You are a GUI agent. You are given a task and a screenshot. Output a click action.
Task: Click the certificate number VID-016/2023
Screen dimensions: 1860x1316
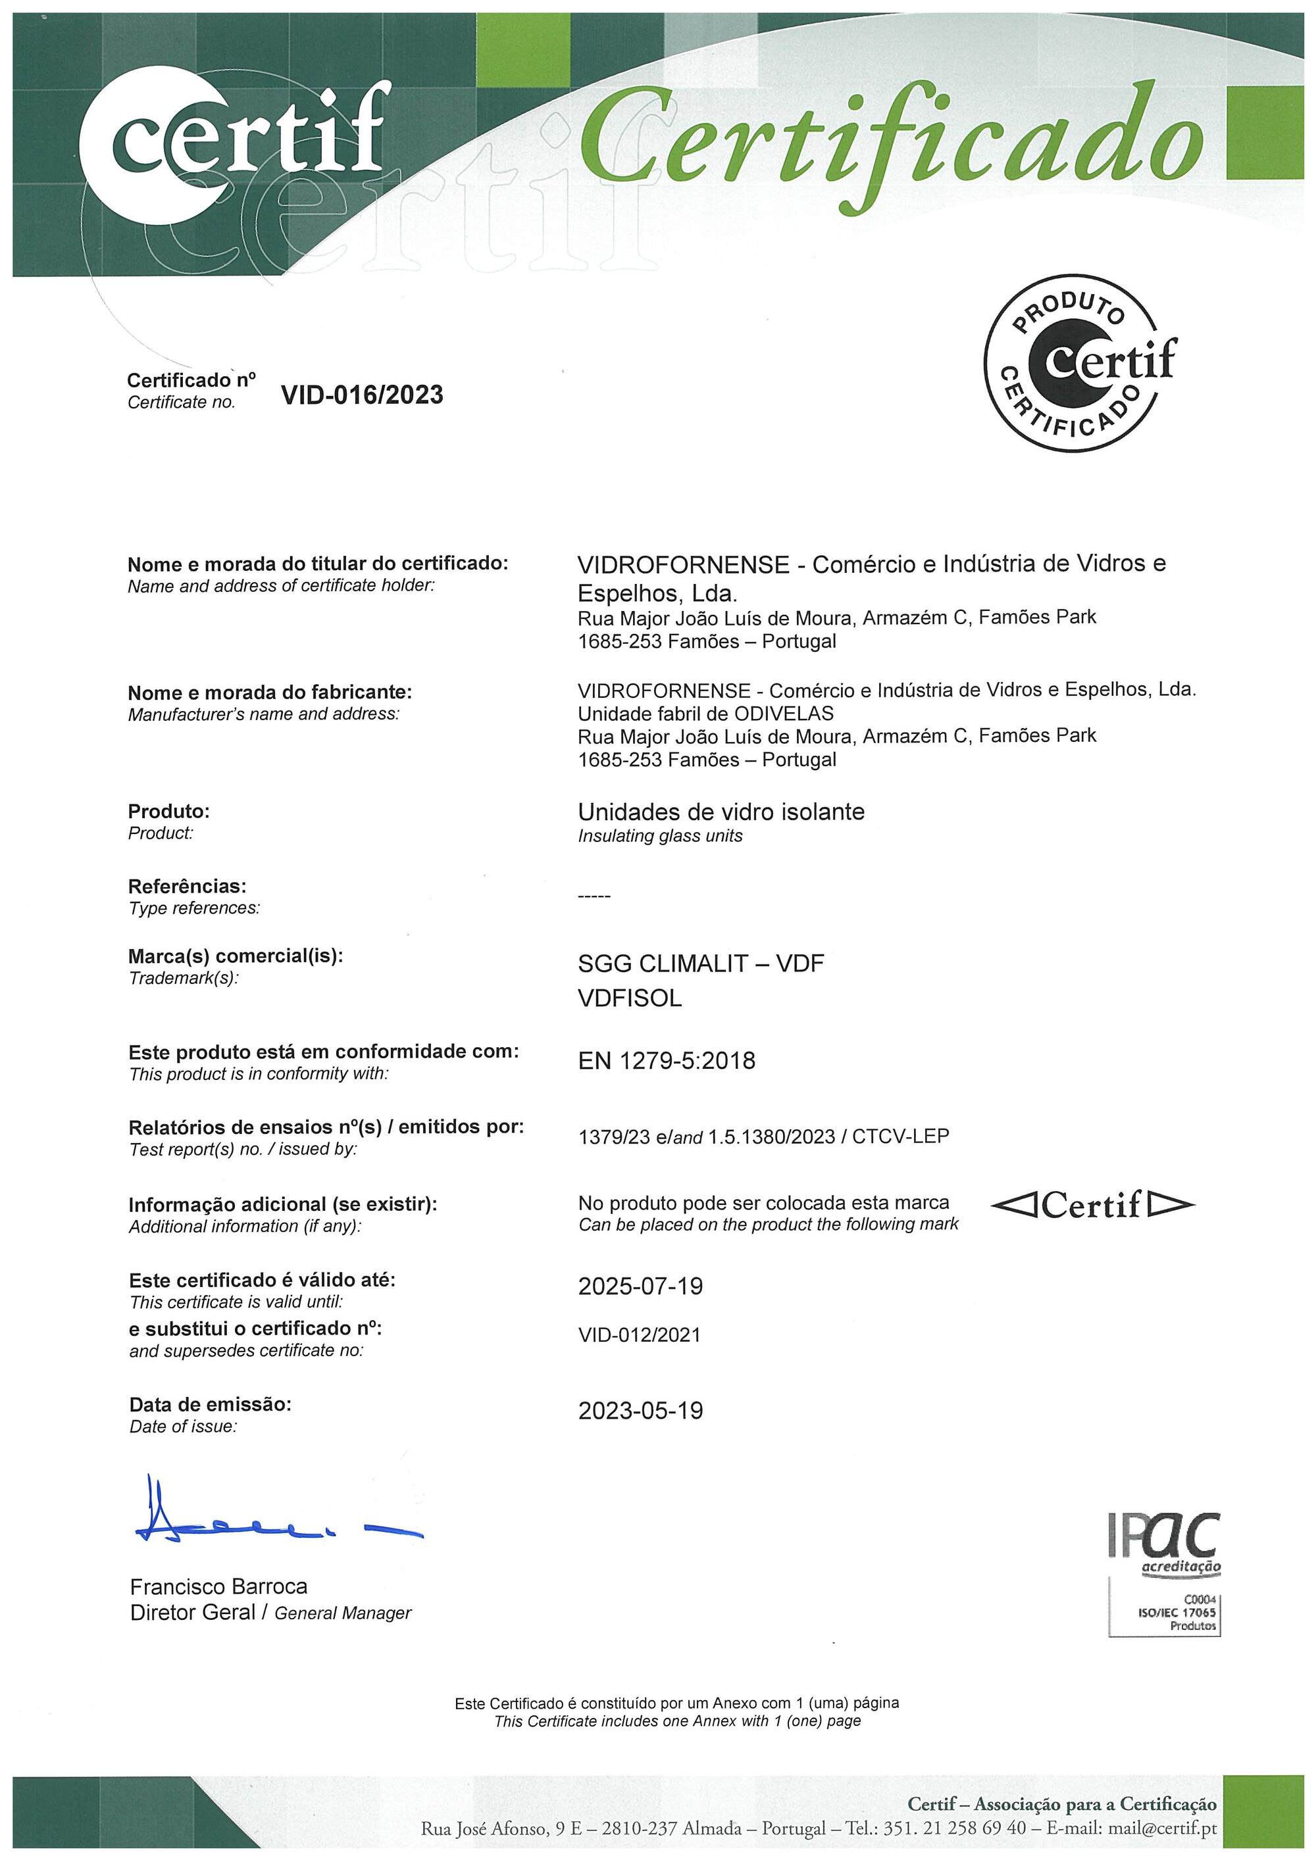click(x=361, y=395)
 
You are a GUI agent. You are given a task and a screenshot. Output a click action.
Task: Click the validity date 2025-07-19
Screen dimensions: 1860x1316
click(x=640, y=1286)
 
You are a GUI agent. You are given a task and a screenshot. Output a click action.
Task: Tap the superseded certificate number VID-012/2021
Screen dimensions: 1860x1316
click(x=640, y=1335)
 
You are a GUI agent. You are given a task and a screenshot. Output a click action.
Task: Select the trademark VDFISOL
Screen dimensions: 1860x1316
click(x=630, y=999)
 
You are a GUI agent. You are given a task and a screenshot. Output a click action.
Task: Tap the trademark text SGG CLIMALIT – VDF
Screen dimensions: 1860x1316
click(x=700, y=964)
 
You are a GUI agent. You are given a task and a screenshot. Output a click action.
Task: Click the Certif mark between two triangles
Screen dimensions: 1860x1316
click(x=1092, y=1206)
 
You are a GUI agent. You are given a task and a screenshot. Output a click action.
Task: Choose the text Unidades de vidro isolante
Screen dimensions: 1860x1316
click(x=721, y=812)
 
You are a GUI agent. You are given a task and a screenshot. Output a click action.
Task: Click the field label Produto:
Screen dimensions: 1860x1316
click(x=168, y=811)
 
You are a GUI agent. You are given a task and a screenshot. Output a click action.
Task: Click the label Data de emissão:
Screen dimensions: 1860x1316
click(x=210, y=1405)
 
